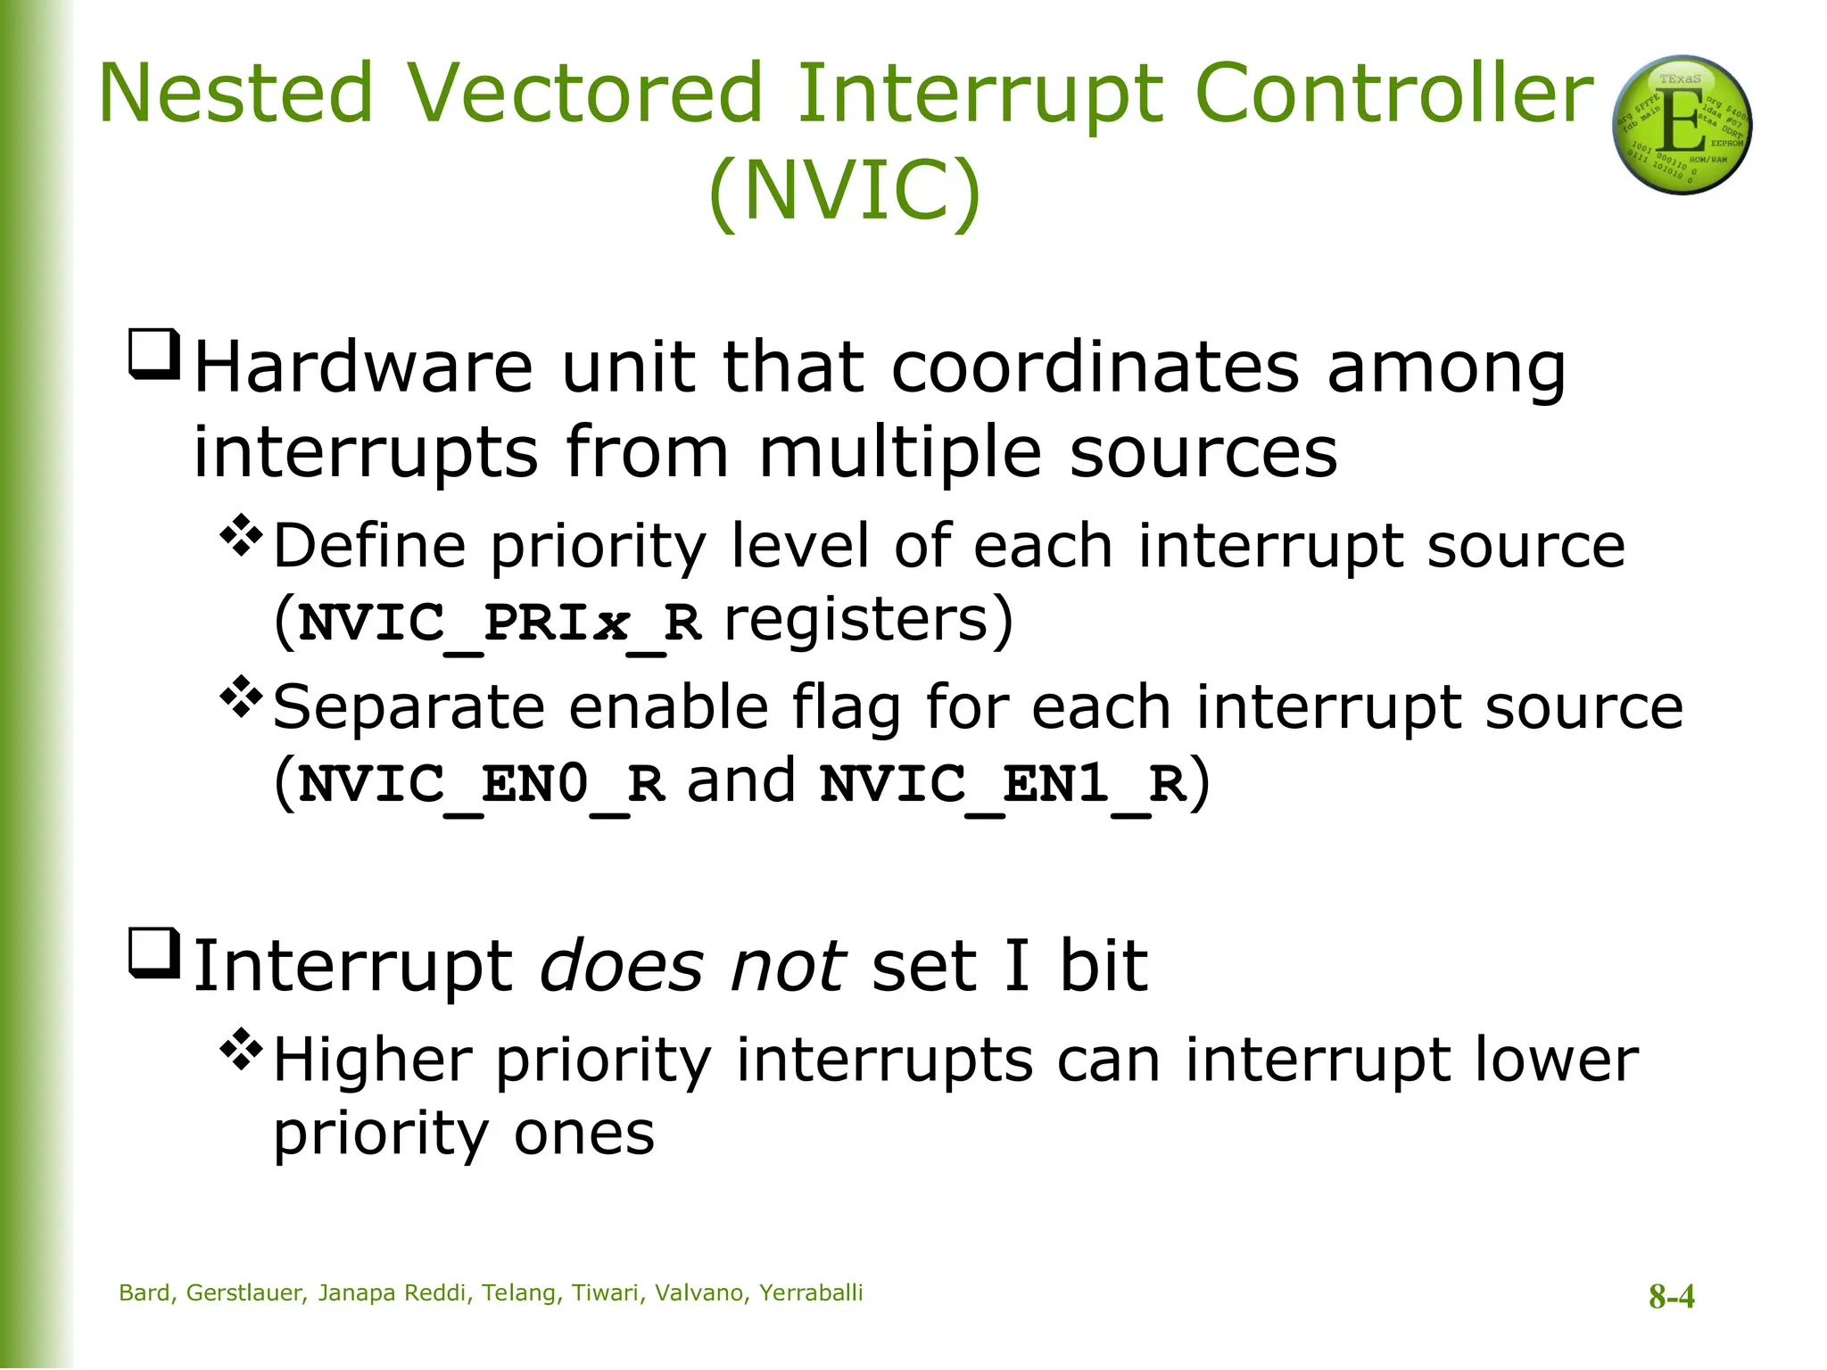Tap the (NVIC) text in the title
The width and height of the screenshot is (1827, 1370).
[844, 189]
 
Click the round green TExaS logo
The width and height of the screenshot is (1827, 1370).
[1682, 125]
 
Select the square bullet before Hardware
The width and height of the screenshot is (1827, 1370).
[155, 355]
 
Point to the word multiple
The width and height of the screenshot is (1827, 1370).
[899, 452]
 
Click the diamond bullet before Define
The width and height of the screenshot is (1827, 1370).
[241, 535]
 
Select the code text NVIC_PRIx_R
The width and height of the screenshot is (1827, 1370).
[500, 622]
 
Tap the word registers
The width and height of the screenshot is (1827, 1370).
[856, 619]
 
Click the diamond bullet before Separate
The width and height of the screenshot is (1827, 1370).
[241, 697]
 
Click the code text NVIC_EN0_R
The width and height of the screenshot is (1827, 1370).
[482, 783]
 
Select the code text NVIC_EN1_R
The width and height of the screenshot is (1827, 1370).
[1003, 783]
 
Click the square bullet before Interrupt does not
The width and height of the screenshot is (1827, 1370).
[155, 953]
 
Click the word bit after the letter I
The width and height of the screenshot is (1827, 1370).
[1104, 966]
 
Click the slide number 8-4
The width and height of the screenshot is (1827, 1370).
[1671, 1296]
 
